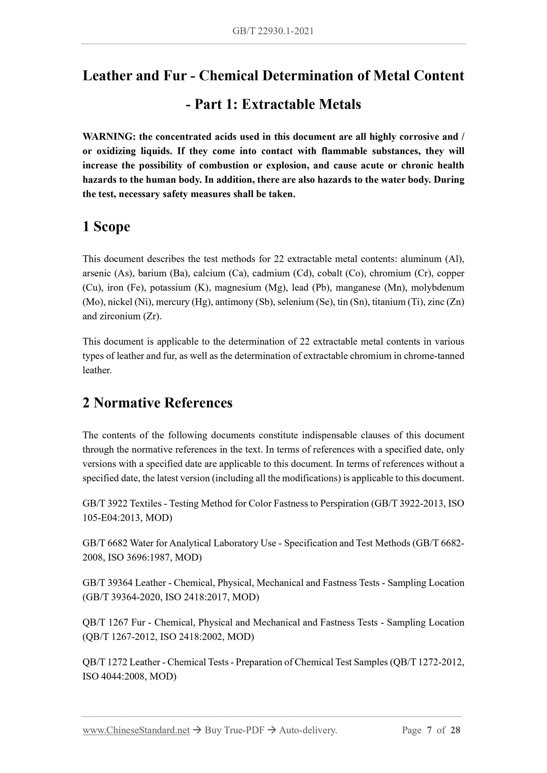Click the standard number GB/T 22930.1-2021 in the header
[x=273, y=31]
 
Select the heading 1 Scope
[x=106, y=226]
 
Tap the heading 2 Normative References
[x=157, y=403]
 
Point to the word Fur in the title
[x=175, y=76]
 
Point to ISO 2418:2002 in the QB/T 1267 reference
[x=191, y=637]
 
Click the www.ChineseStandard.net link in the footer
[x=136, y=730]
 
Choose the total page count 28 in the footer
[x=455, y=730]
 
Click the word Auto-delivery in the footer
[x=308, y=730]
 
